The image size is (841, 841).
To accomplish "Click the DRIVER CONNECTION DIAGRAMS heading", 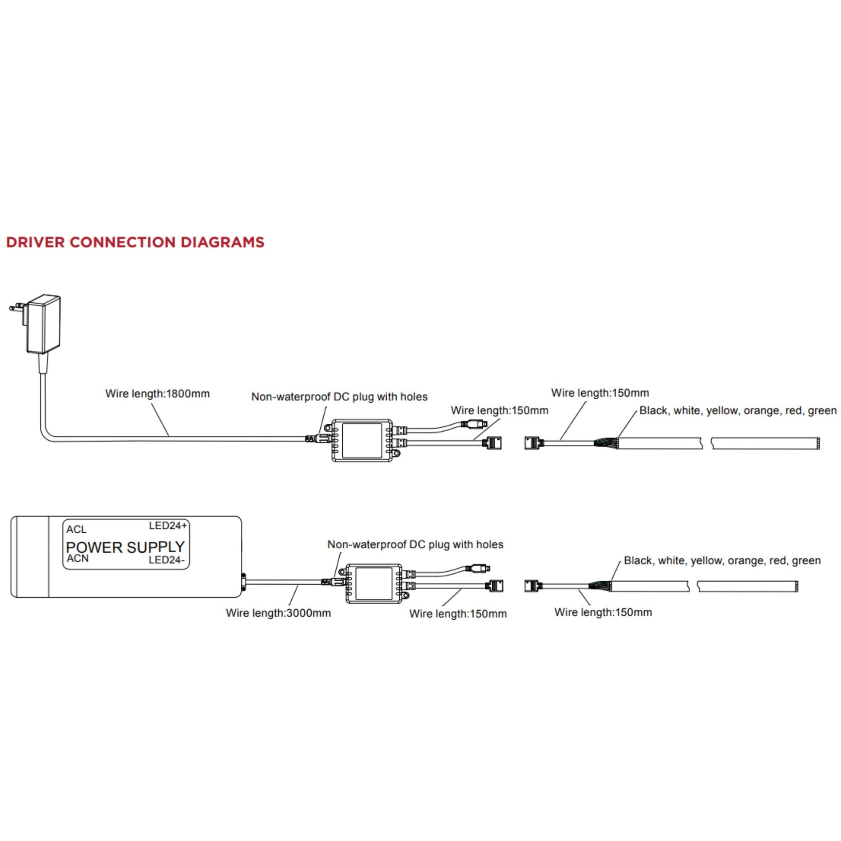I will click(x=135, y=242).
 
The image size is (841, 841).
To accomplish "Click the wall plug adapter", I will click(x=43, y=325).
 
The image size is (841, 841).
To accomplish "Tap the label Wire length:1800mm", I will click(x=157, y=394).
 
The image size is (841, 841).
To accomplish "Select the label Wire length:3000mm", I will click(x=278, y=613).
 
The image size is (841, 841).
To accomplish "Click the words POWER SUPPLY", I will click(x=125, y=547).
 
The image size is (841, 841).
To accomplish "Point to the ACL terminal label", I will click(x=76, y=529).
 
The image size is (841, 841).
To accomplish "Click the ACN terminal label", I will click(x=77, y=558).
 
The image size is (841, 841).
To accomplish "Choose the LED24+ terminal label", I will click(x=168, y=526).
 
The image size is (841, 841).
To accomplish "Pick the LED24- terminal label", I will click(x=166, y=560).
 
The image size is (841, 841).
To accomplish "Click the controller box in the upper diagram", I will click(x=362, y=440).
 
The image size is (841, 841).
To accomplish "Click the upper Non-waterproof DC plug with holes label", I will click(x=339, y=397).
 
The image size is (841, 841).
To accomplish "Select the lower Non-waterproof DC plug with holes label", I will click(x=415, y=544).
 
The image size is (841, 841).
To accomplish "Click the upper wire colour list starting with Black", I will click(x=737, y=411).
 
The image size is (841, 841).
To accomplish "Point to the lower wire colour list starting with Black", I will click(x=722, y=560).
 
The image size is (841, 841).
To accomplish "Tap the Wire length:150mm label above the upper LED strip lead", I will click(x=599, y=393).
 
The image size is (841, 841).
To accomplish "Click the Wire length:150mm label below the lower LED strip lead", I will click(x=603, y=612).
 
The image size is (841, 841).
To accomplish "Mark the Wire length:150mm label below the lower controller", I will click(x=458, y=614).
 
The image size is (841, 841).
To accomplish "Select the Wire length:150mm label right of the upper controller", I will click(x=499, y=410).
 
